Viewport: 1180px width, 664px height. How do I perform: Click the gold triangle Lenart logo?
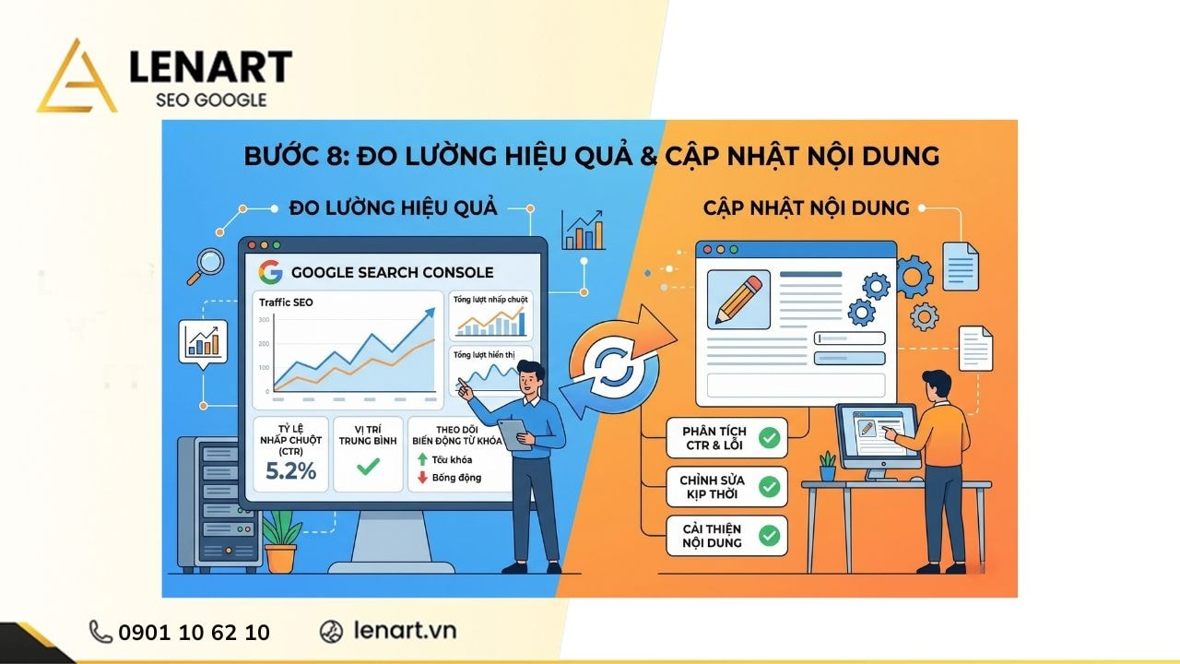pyautogui.click(x=77, y=78)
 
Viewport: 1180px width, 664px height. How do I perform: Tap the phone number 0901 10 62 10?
pyautogui.click(x=194, y=632)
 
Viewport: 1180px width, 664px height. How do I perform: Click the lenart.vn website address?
pyautogui.click(x=404, y=631)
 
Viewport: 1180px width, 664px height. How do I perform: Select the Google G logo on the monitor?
pyautogui.click(x=270, y=272)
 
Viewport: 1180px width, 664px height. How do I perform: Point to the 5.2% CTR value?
pyautogui.click(x=290, y=471)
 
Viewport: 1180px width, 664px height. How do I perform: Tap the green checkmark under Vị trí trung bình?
pyautogui.click(x=367, y=467)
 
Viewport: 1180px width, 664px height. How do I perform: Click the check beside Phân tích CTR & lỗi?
pyautogui.click(x=769, y=438)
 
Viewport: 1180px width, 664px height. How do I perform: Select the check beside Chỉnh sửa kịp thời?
pyautogui.click(x=769, y=487)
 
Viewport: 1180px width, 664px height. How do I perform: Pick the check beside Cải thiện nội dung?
pyautogui.click(x=769, y=535)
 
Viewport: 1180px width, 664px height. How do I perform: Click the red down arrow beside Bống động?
pyautogui.click(x=422, y=478)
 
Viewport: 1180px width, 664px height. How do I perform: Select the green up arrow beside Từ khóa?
pyautogui.click(x=422, y=459)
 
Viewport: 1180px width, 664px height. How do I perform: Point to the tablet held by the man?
pyautogui.click(x=512, y=433)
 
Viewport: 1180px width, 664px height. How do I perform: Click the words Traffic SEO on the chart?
pyautogui.click(x=286, y=302)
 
